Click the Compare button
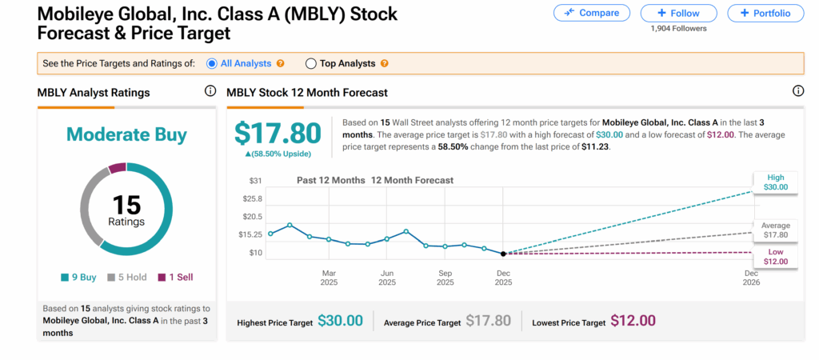pos(591,14)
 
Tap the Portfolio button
pos(765,14)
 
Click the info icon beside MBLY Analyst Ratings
pos(210,92)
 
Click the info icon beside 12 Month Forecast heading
pos(797,92)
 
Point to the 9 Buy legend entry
pos(78,278)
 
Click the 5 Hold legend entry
pos(126,278)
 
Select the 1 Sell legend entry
pos(174,278)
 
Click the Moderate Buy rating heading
pos(126,134)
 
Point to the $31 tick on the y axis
pos(255,181)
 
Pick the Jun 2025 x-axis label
pos(387,277)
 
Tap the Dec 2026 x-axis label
pos(751,277)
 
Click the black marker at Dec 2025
pos(503,254)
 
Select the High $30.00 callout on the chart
pos(776,182)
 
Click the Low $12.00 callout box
pos(776,257)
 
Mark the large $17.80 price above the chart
pos(278,134)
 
